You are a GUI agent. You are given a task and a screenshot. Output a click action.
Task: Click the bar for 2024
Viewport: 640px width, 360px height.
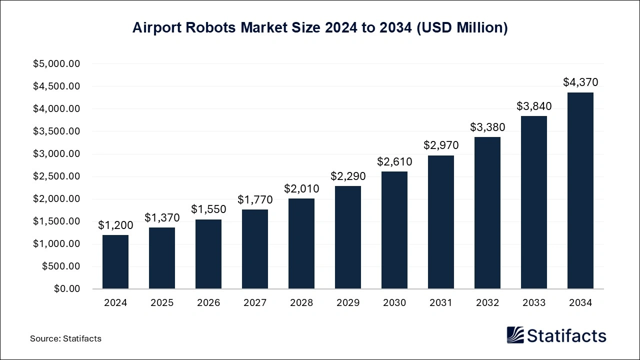point(115,262)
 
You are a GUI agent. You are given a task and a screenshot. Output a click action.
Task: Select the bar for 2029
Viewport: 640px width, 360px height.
point(348,237)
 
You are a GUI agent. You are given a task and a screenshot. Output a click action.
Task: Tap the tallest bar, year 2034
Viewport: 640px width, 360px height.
point(580,190)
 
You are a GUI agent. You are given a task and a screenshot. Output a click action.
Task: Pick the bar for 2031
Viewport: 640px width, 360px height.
point(441,222)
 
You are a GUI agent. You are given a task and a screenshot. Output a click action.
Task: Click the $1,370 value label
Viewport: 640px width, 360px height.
point(162,217)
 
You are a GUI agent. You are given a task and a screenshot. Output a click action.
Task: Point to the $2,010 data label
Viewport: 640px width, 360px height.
point(301,188)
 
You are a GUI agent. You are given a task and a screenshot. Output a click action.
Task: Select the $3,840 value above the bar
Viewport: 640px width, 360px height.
point(534,106)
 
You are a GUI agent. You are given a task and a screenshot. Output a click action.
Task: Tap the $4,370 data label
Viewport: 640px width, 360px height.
point(580,82)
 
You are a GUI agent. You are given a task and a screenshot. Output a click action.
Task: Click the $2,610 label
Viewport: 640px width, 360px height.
point(394,161)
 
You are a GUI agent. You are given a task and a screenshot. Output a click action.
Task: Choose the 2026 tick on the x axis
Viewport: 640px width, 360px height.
point(208,302)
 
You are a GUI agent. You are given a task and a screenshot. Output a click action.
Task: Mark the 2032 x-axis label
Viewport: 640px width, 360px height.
point(487,302)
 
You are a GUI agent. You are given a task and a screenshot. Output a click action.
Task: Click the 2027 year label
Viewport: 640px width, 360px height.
point(255,302)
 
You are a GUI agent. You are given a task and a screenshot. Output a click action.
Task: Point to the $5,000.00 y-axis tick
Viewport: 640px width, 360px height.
point(56,64)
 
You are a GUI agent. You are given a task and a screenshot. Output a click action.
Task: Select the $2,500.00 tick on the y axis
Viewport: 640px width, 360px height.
point(56,176)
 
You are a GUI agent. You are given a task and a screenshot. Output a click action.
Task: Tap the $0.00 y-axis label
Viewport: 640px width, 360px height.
point(66,289)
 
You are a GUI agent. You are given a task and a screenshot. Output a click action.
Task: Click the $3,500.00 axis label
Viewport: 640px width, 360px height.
point(56,131)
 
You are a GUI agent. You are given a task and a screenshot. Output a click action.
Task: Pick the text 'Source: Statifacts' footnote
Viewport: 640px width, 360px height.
point(65,338)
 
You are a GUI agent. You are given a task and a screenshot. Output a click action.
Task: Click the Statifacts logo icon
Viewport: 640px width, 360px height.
point(515,335)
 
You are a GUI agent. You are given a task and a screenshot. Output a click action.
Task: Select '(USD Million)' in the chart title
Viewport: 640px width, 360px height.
point(462,28)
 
